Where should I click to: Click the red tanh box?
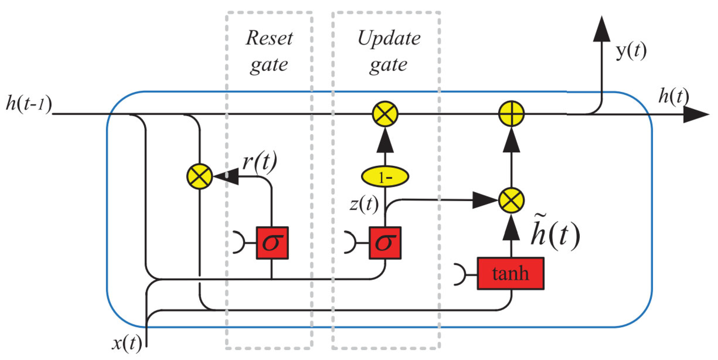[x=510, y=274]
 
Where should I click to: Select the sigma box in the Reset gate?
[x=272, y=243]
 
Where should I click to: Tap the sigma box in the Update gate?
[x=385, y=243]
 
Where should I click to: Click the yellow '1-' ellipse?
[x=385, y=177]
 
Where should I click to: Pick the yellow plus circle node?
[x=511, y=114]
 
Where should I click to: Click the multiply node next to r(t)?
[x=199, y=177]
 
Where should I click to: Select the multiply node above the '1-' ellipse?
[x=385, y=114]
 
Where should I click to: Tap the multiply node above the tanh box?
[x=511, y=200]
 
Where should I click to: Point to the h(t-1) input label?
[x=29, y=104]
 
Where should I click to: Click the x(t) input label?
[x=127, y=343]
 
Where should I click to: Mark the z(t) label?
[x=364, y=203]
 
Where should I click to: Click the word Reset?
[x=269, y=38]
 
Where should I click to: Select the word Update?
[x=389, y=38]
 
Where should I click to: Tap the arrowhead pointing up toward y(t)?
[x=601, y=29]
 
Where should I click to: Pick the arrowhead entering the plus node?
[x=511, y=142]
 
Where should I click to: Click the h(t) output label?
[x=673, y=97]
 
